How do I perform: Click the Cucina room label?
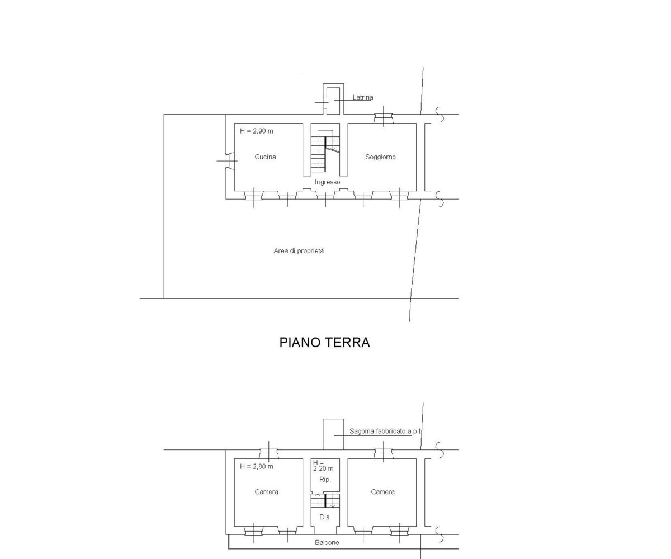pos(265,157)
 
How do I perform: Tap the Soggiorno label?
pos(380,157)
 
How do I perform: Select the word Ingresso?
pos(327,182)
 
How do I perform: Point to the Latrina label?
pos(363,97)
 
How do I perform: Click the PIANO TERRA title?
pos(324,343)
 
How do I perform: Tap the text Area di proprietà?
pos(299,251)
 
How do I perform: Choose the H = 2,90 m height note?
pos(257,131)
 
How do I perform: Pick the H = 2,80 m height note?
pos(257,466)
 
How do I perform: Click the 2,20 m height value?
pos(323,469)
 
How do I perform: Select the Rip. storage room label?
pos(325,480)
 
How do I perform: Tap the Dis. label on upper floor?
pos(325,517)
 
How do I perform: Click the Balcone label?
pos(327,543)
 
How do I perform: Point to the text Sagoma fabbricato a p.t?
pos(385,432)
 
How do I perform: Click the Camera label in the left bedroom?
pos(266,492)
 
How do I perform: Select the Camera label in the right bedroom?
pos(382,492)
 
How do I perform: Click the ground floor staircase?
pos(325,151)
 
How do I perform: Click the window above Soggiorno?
pos(384,119)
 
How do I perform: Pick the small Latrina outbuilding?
pos(333,99)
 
